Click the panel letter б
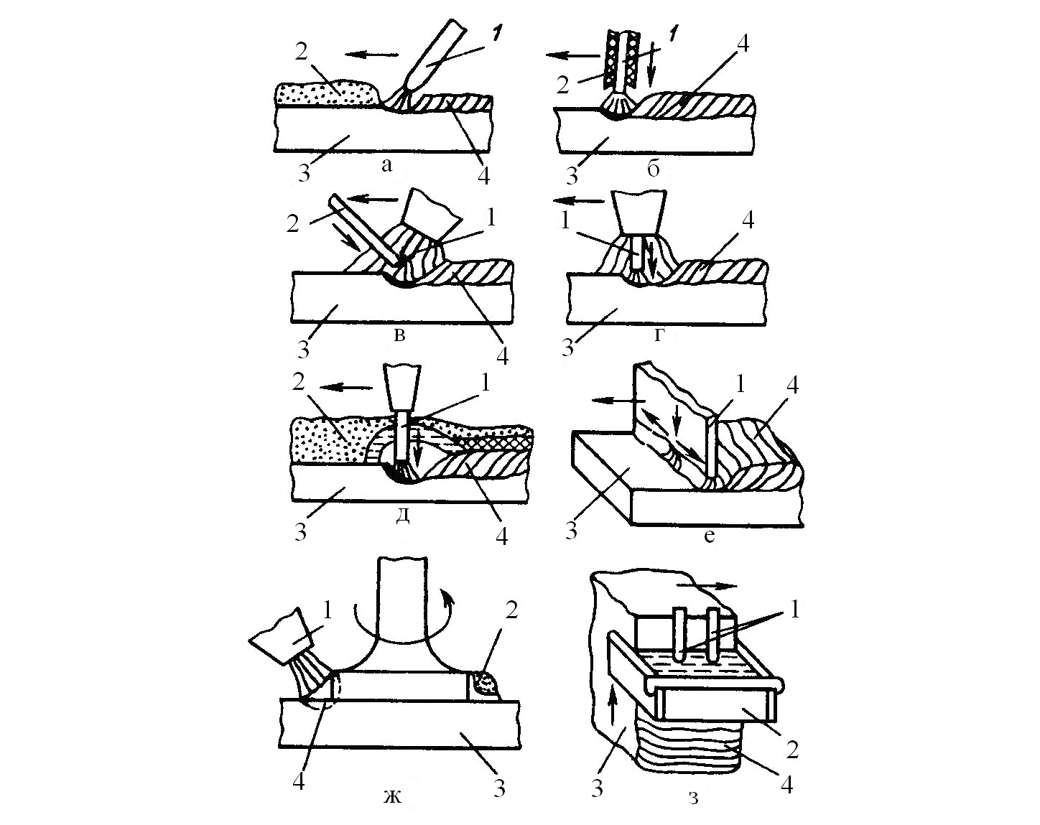coord(653,169)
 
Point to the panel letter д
coord(402,514)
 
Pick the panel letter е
coord(709,535)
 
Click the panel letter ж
coord(392,796)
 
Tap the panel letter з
coord(694,798)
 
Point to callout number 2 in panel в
coord(292,223)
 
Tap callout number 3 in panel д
coord(301,532)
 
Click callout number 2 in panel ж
coord(511,610)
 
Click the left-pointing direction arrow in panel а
coord(371,55)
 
